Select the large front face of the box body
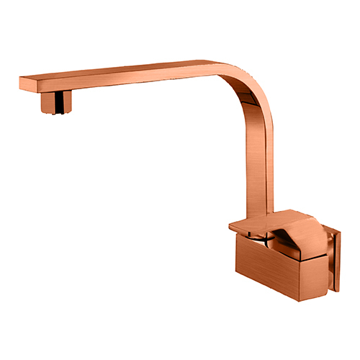coord(266,263)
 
